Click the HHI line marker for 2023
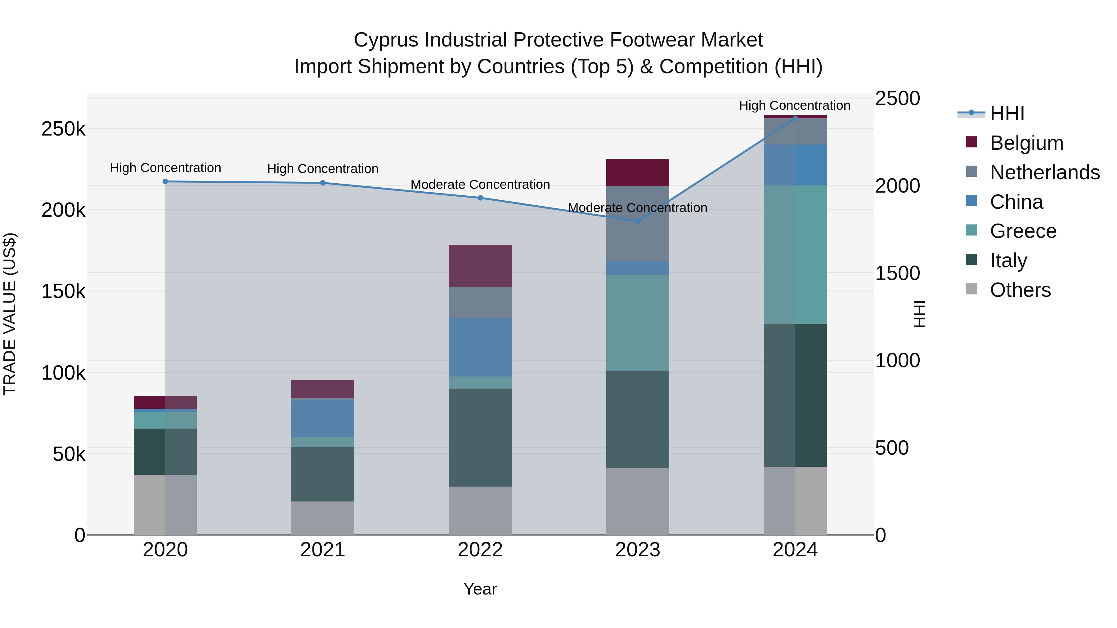pyautogui.click(x=637, y=221)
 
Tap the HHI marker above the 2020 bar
pyautogui.click(x=165, y=182)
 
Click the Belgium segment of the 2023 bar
pyautogui.click(x=637, y=172)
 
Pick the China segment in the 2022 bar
pyautogui.click(x=480, y=347)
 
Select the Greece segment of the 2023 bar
pyautogui.click(x=637, y=323)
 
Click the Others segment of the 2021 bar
pyautogui.click(x=323, y=518)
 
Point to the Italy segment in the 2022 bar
pyautogui.click(x=480, y=437)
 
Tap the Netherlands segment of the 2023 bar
pyautogui.click(x=637, y=224)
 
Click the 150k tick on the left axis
pyautogui.click(x=63, y=291)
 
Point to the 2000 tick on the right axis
pyautogui.click(x=897, y=186)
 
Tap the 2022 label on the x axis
pyautogui.click(x=480, y=550)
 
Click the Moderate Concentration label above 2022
pyautogui.click(x=480, y=185)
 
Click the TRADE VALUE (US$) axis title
pyautogui.click(x=10, y=314)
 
